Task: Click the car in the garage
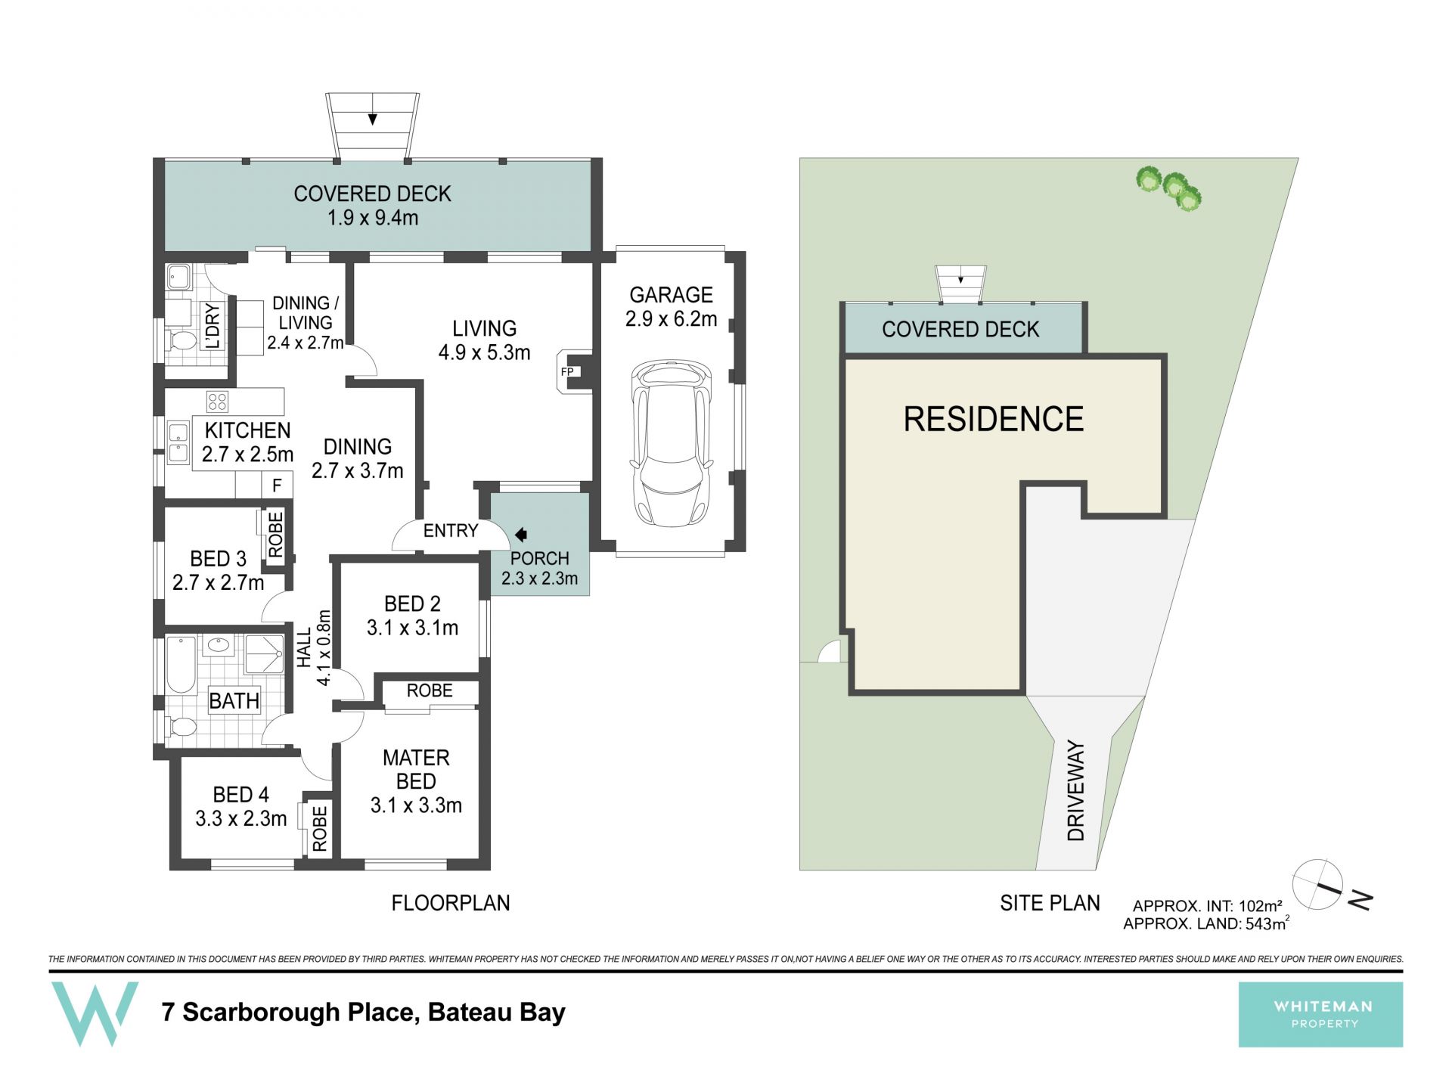(x=671, y=443)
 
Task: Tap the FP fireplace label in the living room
(x=566, y=372)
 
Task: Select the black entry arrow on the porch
(x=520, y=535)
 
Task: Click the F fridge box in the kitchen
(x=277, y=485)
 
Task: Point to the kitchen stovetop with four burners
(x=217, y=401)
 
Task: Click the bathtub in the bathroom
(x=181, y=665)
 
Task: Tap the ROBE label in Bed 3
(x=275, y=535)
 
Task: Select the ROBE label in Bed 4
(x=319, y=828)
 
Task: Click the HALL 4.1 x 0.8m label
(x=314, y=648)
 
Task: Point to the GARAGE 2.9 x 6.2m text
(x=671, y=306)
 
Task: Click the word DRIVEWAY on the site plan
(x=1075, y=791)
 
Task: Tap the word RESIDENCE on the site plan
(x=994, y=419)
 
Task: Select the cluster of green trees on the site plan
(x=1169, y=187)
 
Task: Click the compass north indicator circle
(x=1317, y=883)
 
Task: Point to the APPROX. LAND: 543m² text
(x=1205, y=923)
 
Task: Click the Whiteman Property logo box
(x=1320, y=1014)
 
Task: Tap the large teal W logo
(x=95, y=1013)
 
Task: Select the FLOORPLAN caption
(x=451, y=903)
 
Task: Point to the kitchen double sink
(x=178, y=442)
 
